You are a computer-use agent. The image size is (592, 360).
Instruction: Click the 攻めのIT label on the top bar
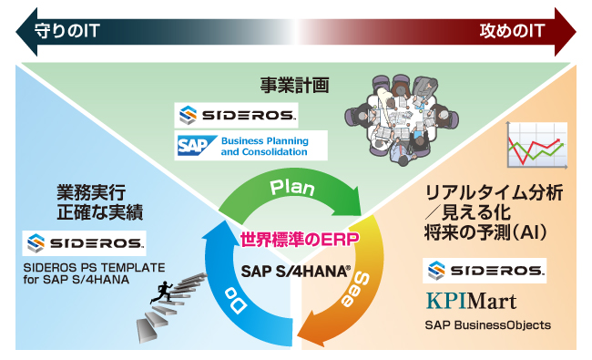tap(513, 31)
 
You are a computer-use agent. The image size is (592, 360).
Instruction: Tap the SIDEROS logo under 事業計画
tap(236, 116)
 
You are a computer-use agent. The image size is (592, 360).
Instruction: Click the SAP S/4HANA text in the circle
tap(296, 271)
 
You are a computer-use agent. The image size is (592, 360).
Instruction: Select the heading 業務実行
tap(87, 192)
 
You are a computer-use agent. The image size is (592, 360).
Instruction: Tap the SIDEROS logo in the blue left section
tap(85, 243)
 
